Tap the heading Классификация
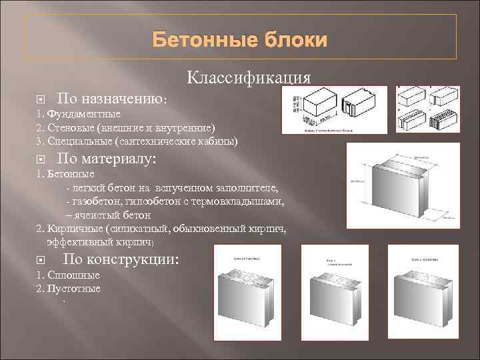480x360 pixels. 249,77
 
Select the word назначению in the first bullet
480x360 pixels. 126,99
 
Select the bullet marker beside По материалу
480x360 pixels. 41,159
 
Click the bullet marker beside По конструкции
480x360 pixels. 41,260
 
